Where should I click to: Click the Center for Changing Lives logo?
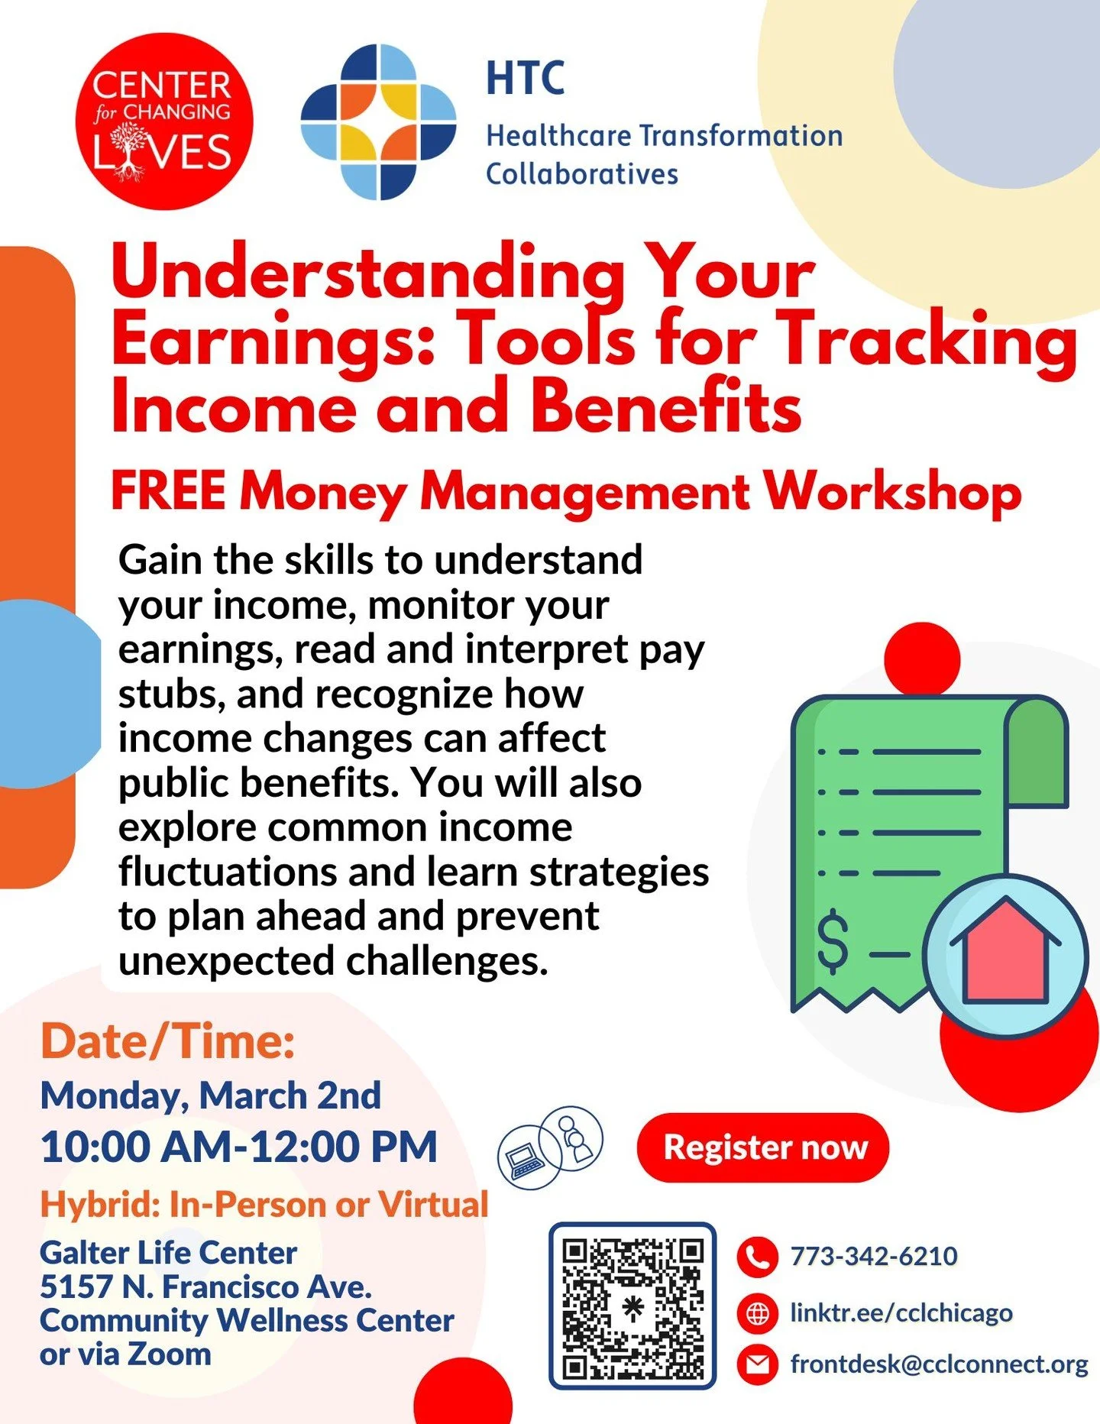coord(163,121)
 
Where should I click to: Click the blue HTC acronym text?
coord(526,78)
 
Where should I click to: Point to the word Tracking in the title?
coord(928,340)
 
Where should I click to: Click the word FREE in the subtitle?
coord(168,490)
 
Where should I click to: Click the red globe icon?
coord(757,1314)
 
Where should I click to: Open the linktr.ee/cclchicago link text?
coord(901,1313)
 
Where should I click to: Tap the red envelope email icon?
coord(757,1365)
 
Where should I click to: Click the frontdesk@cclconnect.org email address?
coord(939,1364)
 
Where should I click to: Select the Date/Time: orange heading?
coord(168,1041)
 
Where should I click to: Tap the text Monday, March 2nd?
coord(211,1096)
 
